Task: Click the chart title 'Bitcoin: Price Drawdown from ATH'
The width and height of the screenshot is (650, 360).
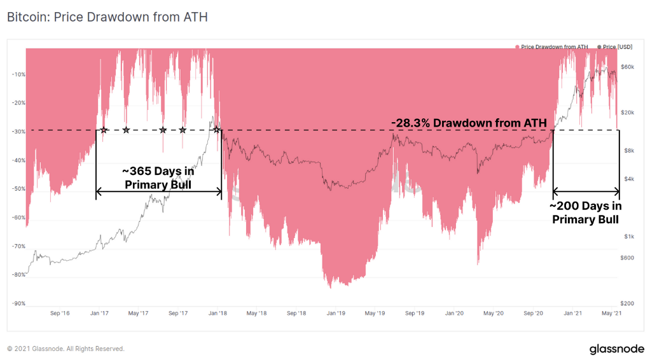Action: [x=107, y=17]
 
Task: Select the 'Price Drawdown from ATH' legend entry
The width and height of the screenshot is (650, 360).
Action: [x=554, y=47]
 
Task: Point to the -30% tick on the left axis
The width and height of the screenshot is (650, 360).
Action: [x=18, y=132]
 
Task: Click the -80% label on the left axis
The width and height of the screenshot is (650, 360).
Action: [x=18, y=275]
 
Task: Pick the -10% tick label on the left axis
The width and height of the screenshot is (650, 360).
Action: [x=18, y=74]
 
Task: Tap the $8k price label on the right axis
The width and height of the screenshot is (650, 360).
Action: [x=627, y=150]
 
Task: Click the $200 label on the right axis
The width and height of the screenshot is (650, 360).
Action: [x=628, y=303]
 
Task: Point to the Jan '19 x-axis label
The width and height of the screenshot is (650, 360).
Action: [x=336, y=313]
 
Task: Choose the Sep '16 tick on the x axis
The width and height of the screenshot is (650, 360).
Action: [x=59, y=313]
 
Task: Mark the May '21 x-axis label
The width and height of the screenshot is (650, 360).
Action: [x=611, y=313]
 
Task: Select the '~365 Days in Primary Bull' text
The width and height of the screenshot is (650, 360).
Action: [x=158, y=177]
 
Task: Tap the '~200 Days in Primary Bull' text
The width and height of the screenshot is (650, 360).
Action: [x=586, y=212]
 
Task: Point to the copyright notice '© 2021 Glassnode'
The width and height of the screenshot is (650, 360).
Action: [x=66, y=349]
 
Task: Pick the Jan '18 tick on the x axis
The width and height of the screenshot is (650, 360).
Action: [x=218, y=313]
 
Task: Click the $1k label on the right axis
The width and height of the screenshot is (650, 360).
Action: [x=627, y=236]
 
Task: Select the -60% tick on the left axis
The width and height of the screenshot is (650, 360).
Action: [x=18, y=218]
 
